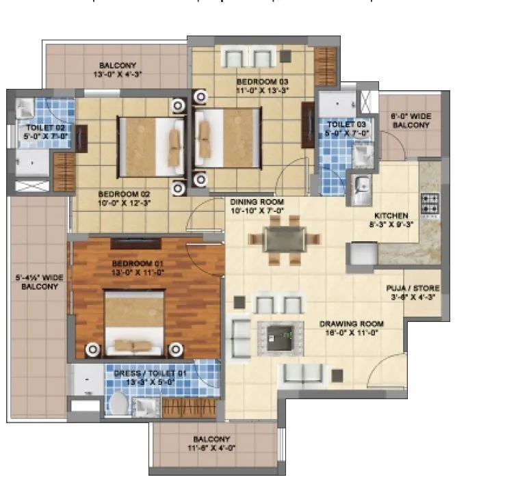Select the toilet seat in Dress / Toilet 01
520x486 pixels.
click(118, 403)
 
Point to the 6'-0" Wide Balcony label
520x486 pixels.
click(411, 121)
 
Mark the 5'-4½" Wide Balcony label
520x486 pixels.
click(37, 282)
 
